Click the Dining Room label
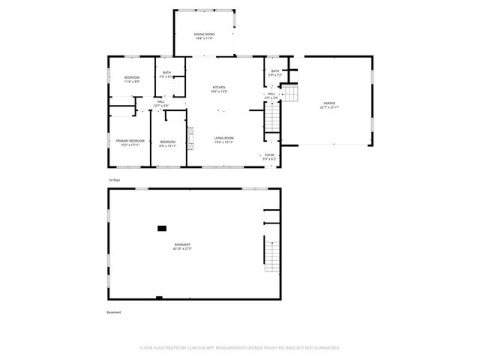coord(204,36)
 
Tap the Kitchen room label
coord(219,89)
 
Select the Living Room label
coord(223,139)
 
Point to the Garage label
coord(329,104)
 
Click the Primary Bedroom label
coord(129,142)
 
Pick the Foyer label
coord(269,157)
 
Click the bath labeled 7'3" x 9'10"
coord(166,74)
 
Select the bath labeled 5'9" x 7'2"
coord(274,73)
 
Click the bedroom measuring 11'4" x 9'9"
coord(131,79)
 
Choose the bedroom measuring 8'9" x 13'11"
coord(167,144)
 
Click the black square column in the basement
coord(162,228)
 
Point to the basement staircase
coord(271,253)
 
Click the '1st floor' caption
coord(114,181)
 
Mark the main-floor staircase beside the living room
coord(273,118)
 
